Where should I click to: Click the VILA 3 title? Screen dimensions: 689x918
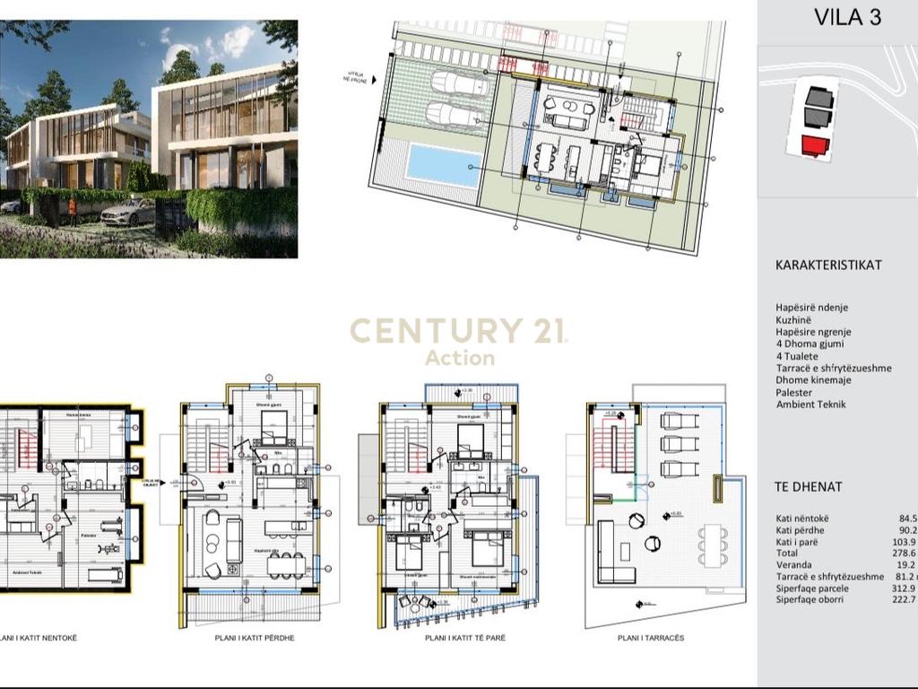pyautogui.click(x=846, y=18)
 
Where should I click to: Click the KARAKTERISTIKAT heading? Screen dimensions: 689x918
pyautogui.click(x=828, y=266)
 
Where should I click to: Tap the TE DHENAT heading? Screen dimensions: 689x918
pyautogui.click(x=808, y=487)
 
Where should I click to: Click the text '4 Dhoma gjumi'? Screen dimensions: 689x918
pyautogui.click(x=810, y=344)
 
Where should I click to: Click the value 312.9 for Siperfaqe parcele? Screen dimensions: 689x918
pyautogui.click(x=906, y=589)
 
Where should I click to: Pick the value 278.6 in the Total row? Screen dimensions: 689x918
pyautogui.click(x=906, y=554)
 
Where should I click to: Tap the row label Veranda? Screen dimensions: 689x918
pyautogui.click(x=795, y=565)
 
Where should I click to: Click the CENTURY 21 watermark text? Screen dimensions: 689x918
pyautogui.click(x=457, y=331)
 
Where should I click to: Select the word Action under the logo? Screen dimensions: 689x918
pyautogui.click(x=459, y=358)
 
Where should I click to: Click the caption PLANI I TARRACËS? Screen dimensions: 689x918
pyautogui.click(x=651, y=638)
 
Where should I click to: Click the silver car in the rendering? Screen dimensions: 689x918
pyautogui.click(x=126, y=212)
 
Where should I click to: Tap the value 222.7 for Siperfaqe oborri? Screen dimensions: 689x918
pyautogui.click(x=906, y=599)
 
